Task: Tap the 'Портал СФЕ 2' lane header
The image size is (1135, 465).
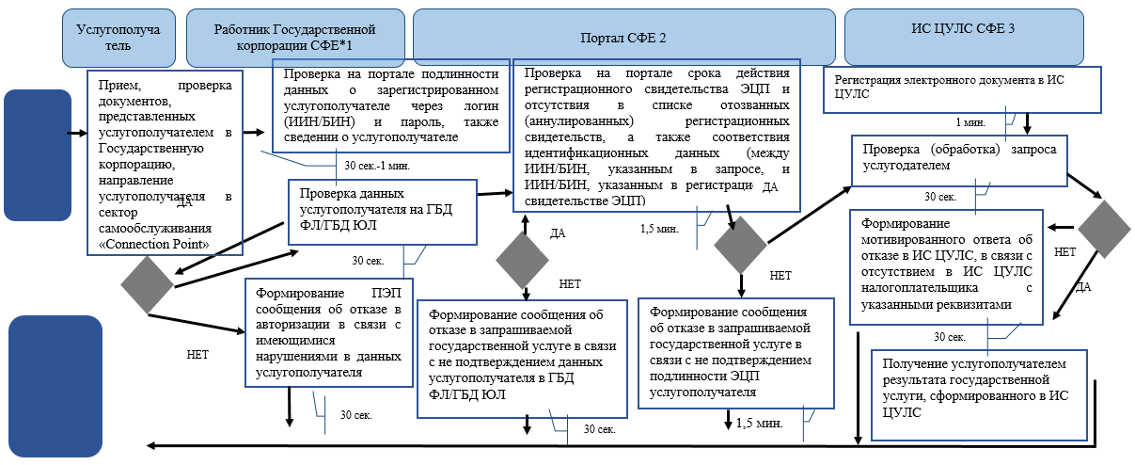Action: (x=623, y=36)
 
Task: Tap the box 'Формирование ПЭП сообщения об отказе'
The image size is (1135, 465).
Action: (x=329, y=331)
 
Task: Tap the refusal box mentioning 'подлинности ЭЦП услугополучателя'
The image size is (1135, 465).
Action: (x=736, y=353)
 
